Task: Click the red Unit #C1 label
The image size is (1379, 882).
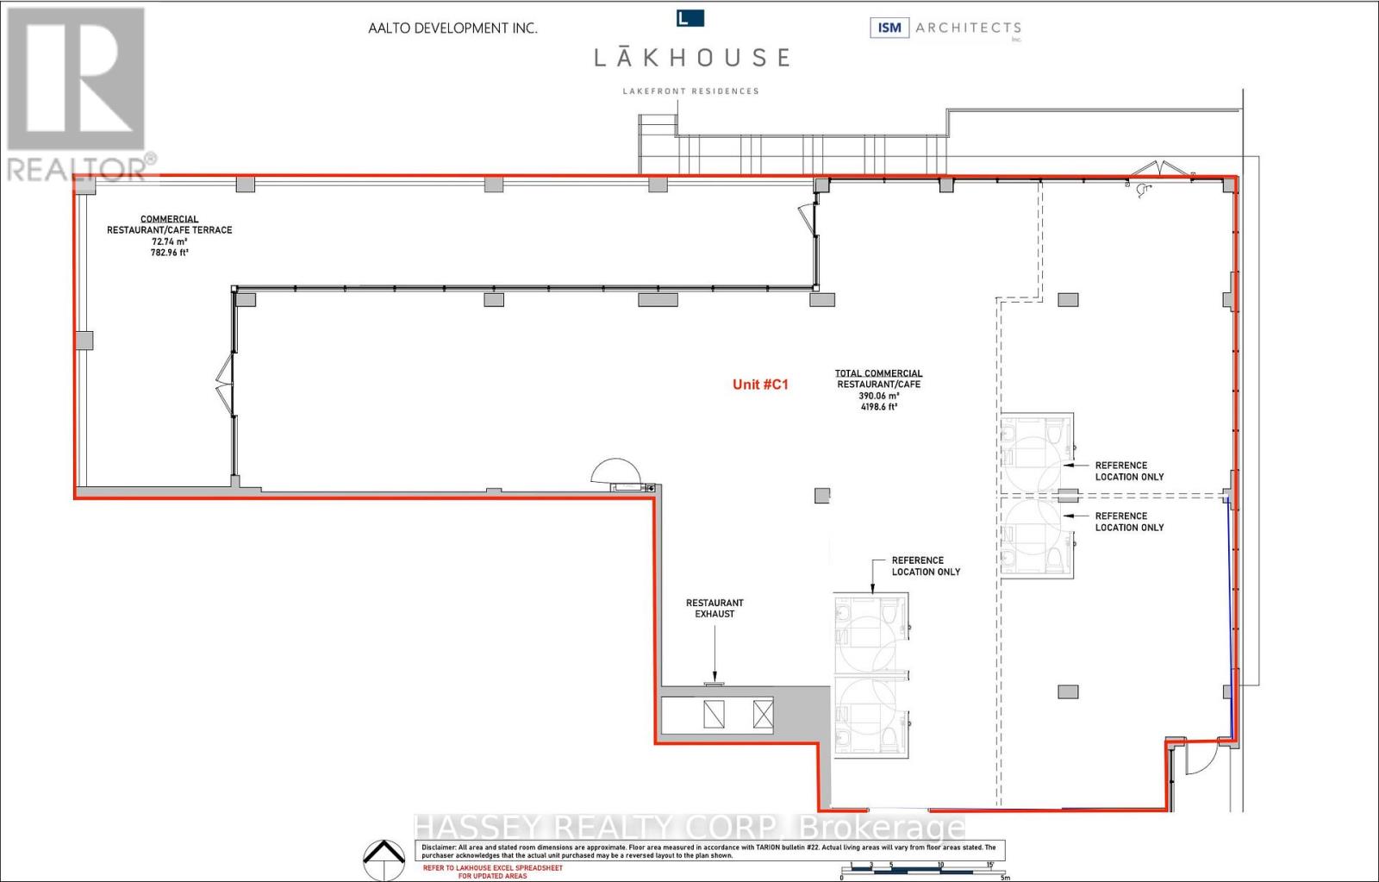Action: (760, 385)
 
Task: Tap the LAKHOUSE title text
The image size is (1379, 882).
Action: (691, 58)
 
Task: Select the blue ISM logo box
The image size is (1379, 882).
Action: (889, 28)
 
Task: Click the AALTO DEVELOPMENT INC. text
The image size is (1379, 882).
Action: (452, 28)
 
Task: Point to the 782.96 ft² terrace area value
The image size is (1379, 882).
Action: (170, 253)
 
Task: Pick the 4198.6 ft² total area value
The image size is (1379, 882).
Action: (878, 407)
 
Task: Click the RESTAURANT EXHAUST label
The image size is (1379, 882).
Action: (714, 609)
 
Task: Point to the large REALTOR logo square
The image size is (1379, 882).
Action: (76, 79)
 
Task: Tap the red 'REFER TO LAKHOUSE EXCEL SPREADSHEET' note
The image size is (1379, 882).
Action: (492, 872)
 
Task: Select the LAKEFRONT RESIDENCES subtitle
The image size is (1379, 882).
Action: (691, 91)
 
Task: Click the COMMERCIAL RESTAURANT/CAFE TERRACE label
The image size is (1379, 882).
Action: (170, 225)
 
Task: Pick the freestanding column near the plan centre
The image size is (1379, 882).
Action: (822, 496)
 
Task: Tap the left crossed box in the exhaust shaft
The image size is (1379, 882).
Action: (714, 715)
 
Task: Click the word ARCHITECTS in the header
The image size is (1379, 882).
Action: (968, 28)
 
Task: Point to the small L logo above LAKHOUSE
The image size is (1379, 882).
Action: (690, 17)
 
